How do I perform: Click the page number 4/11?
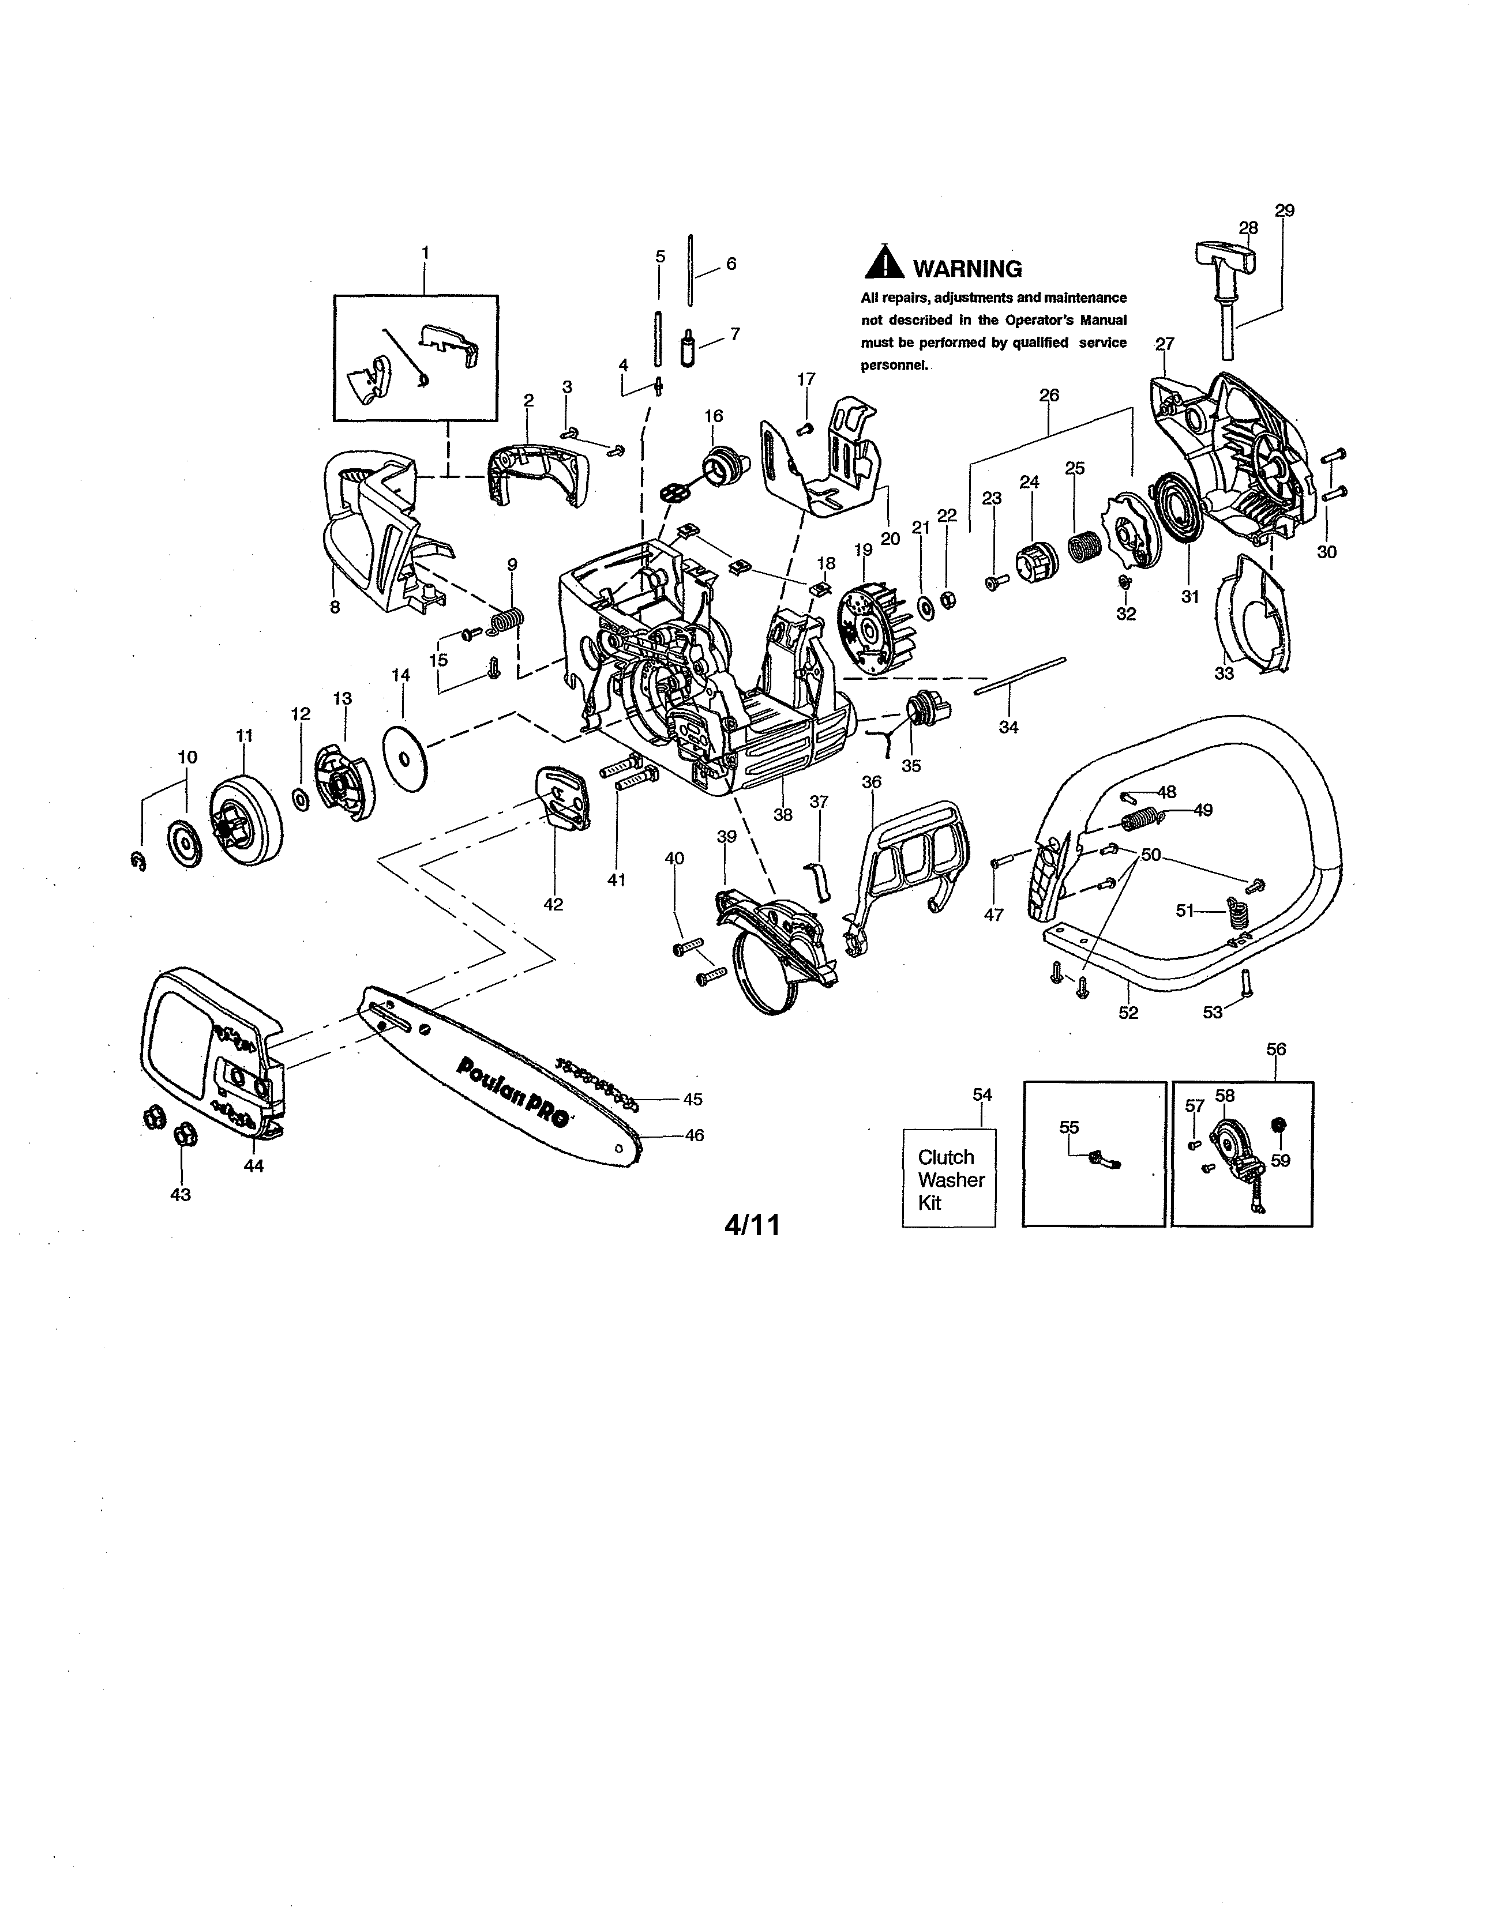(x=751, y=1225)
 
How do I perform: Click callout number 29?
(x=1284, y=210)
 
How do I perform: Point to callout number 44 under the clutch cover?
(x=253, y=1165)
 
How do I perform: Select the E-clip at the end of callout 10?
(x=137, y=864)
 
